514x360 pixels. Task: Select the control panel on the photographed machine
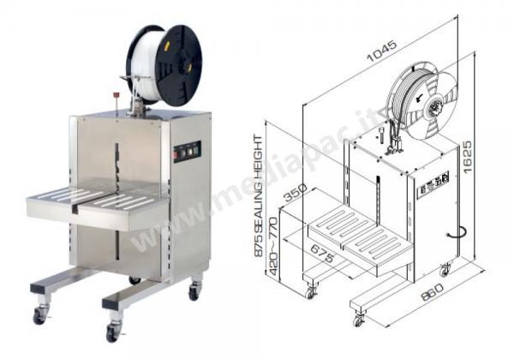pyautogui.click(x=186, y=152)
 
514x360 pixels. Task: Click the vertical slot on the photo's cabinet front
pyautogui.click(x=117, y=163)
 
